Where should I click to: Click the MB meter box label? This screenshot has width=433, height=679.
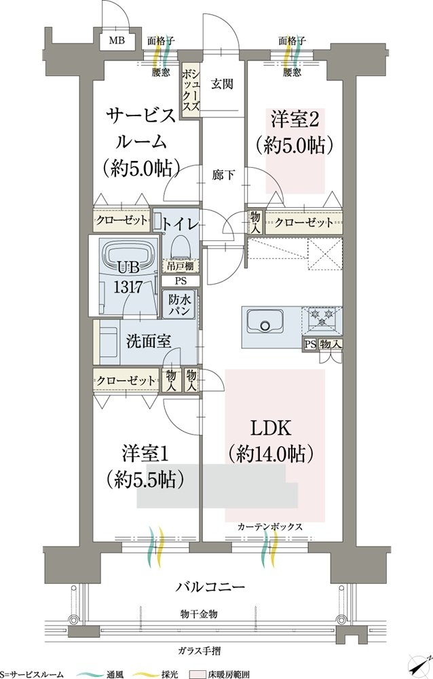(117, 41)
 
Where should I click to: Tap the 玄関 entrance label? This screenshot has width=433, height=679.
(222, 84)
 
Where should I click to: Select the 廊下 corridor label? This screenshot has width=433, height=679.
(224, 175)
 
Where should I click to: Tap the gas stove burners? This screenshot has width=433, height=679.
(322, 317)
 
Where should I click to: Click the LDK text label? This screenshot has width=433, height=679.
(271, 428)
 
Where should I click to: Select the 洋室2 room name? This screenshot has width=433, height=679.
(295, 119)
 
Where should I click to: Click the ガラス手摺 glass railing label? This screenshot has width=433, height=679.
(199, 650)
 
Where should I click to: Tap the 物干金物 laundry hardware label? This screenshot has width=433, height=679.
(199, 614)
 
